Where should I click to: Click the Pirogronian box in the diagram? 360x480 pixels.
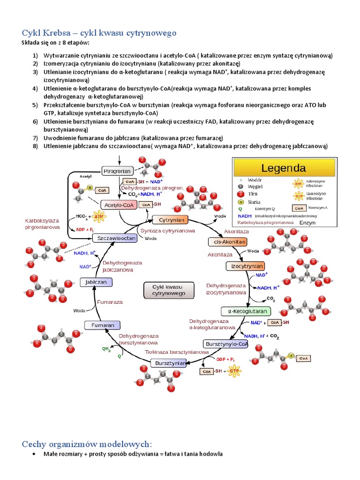(117, 171)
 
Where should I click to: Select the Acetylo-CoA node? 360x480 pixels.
(120, 205)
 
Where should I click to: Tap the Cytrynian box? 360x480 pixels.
(170, 219)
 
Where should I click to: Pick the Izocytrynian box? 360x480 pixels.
(245, 266)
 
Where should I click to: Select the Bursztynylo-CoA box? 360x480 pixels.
(226, 344)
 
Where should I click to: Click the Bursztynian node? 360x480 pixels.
(168, 363)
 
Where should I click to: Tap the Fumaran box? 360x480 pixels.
(103, 325)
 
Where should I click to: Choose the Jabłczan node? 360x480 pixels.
(96, 282)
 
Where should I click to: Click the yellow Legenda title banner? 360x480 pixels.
(284, 168)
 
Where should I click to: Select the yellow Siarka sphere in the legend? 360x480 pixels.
(240, 202)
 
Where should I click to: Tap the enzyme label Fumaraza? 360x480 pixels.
(110, 302)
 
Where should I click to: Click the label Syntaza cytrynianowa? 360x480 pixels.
(168, 231)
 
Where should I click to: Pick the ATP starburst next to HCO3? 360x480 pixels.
(99, 217)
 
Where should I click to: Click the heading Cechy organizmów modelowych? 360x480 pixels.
(87, 443)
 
